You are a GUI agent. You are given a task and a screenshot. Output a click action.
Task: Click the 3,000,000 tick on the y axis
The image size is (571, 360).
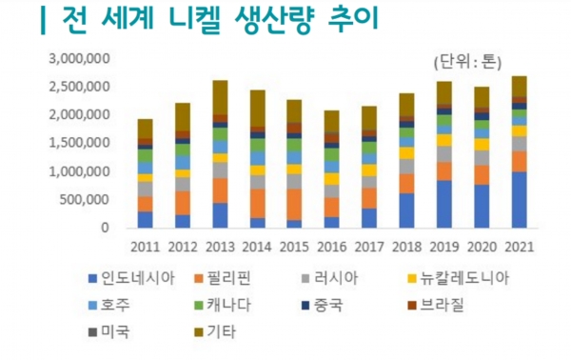pyautogui.click(x=79, y=58)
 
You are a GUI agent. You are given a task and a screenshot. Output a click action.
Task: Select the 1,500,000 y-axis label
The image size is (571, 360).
pyautogui.click(x=79, y=143)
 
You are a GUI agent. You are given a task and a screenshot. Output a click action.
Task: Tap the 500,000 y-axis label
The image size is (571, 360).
pyautogui.click(x=85, y=200)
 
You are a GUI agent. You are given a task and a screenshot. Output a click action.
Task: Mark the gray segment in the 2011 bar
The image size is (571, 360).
pyautogui.click(x=144, y=189)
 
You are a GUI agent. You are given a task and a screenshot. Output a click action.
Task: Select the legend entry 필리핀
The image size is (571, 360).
pyautogui.click(x=245, y=278)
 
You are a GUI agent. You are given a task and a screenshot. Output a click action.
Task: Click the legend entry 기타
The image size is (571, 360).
pyautogui.click(x=232, y=333)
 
